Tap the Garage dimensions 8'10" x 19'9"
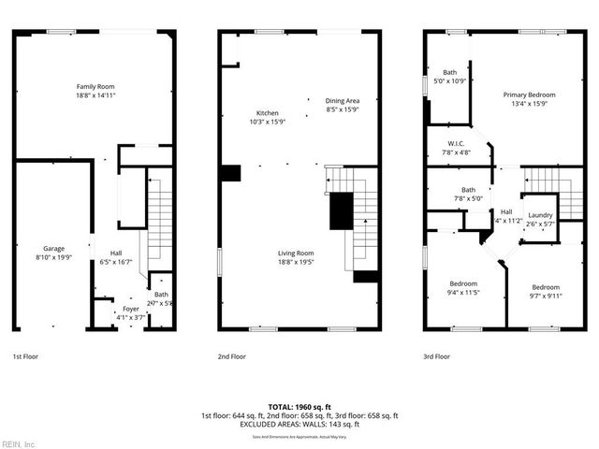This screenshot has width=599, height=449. [53, 257]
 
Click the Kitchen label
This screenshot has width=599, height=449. [267, 112]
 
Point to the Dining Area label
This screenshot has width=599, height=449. [342, 100]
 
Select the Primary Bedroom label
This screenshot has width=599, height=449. [529, 94]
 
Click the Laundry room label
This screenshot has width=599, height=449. [540, 215]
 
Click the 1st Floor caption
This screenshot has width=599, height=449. [26, 356]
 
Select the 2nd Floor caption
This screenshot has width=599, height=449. [232, 356]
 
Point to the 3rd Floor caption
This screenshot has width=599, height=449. [436, 356]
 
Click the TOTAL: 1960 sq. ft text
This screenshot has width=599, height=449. [299, 407]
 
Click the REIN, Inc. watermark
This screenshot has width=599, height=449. [18, 444]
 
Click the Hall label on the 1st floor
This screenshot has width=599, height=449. [116, 253]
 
